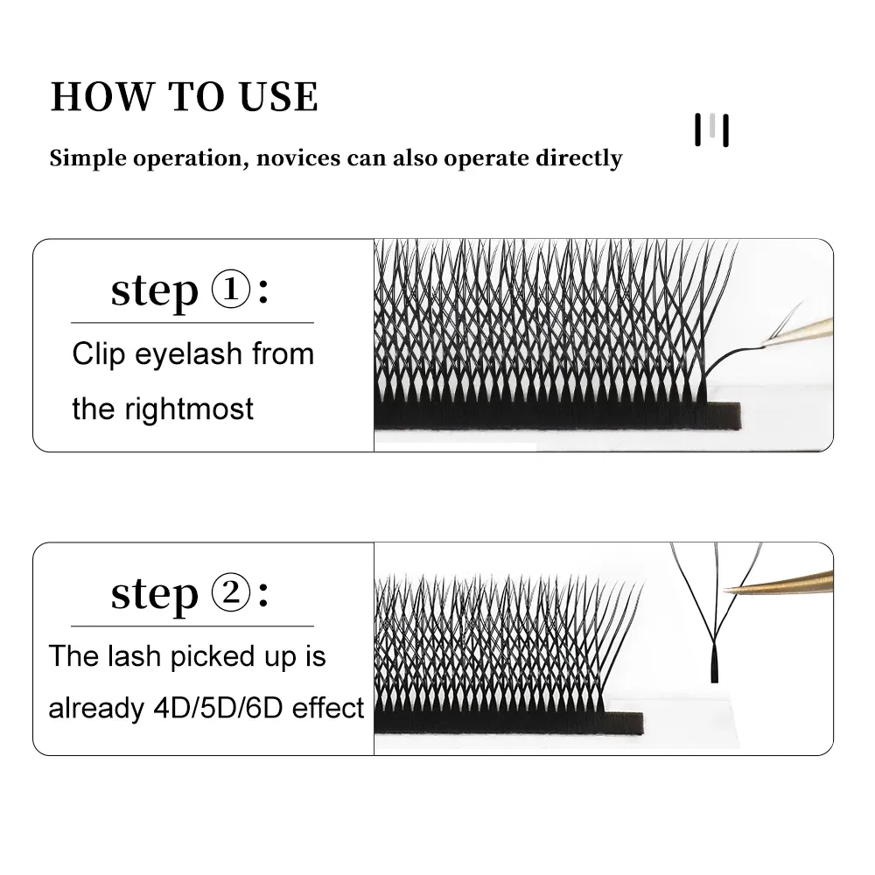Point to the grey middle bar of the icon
[713, 129]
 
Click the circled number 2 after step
[229, 594]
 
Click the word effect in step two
[328, 708]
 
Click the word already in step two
[92, 708]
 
